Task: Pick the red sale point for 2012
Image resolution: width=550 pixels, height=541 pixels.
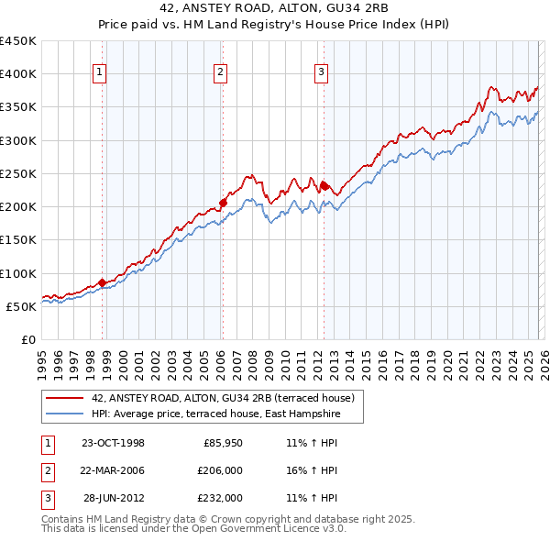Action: click(324, 185)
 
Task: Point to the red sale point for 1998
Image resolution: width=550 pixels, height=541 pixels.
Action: click(102, 282)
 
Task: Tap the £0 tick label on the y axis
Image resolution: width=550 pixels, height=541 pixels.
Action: click(27, 339)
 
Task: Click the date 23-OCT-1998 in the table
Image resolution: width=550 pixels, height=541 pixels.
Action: click(113, 443)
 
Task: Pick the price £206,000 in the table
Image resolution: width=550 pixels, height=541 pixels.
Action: click(221, 470)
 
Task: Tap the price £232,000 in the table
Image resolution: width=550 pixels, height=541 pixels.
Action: click(221, 498)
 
